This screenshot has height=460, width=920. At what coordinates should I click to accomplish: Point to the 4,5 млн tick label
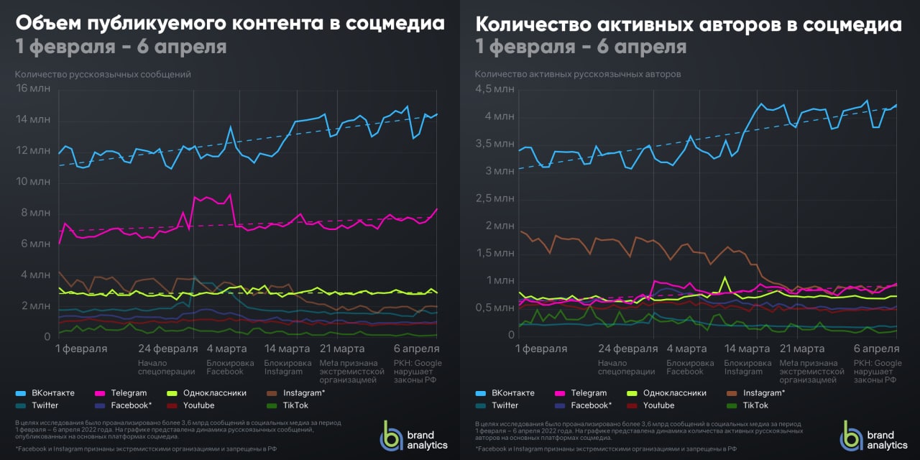[494, 89]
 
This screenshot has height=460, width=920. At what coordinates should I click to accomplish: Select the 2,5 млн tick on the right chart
[494, 198]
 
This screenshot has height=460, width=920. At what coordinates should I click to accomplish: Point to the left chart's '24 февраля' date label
[167, 349]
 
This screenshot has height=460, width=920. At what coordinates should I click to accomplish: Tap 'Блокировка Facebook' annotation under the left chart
[230, 367]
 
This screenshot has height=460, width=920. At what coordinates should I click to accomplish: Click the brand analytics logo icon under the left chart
[392, 436]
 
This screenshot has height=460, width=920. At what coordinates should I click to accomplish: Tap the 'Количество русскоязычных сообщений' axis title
[103, 74]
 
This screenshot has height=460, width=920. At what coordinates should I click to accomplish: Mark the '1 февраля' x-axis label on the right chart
[541, 349]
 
